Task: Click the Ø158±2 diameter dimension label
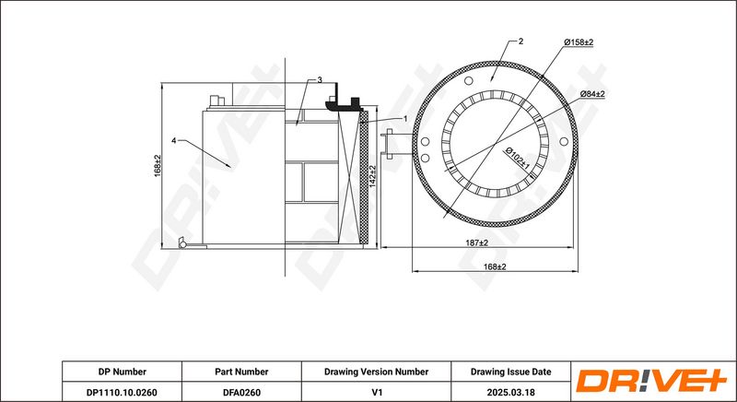[x=579, y=42]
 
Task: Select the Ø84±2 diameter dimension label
[x=592, y=94]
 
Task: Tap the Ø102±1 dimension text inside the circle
[x=517, y=159]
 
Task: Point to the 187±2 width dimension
[x=477, y=242]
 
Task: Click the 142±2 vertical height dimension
[x=372, y=176]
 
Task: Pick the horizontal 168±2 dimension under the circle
[x=495, y=266]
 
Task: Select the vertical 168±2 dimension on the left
[x=158, y=165]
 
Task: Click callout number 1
[x=405, y=119]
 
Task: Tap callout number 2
[x=521, y=41]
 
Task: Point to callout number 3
[x=320, y=80]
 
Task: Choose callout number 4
[x=173, y=140]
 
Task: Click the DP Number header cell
[x=123, y=372]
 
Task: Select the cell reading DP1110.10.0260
[x=122, y=392]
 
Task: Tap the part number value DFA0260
[x=241, y=392]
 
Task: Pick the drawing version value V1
[x=376, y=392]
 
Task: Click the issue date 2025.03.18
[x=511, y=392]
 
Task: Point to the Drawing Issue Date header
[x=511, y=372]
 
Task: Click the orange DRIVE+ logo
[x=651, y=381]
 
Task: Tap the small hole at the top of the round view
[x=468, y=81]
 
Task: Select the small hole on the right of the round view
[x=564, y=141]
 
